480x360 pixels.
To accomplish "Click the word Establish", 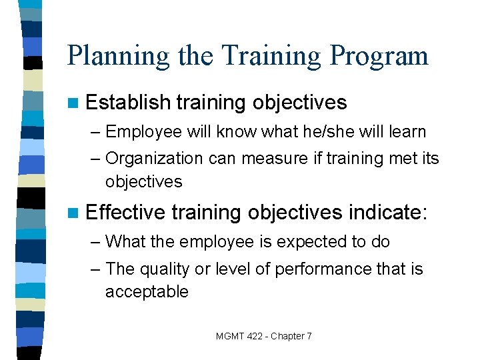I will point(128,103).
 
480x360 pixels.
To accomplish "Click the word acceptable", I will point(147,292).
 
